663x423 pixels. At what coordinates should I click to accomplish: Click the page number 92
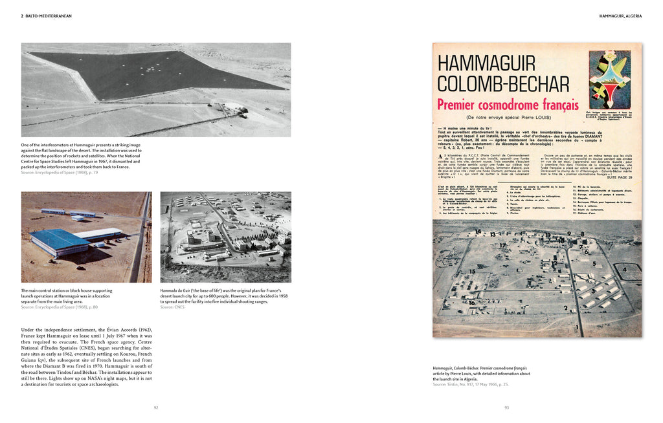click(156, 407)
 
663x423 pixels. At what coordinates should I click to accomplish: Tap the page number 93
click(507, 407)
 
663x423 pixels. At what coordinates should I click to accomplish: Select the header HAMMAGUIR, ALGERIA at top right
click(620, 16)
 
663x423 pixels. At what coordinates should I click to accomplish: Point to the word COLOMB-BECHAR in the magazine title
click(503, 83)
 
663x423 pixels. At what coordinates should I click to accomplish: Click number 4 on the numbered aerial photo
click(624, 268)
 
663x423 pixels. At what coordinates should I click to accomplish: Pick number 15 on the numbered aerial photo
click(472, 272)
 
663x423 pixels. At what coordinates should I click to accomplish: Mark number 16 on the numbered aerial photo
click(471, 302)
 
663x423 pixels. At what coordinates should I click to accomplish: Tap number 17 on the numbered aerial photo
click(502, 246)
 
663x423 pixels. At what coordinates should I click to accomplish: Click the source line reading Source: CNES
click(172, 307)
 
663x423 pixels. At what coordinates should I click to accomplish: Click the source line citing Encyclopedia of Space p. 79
click(60, 172)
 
